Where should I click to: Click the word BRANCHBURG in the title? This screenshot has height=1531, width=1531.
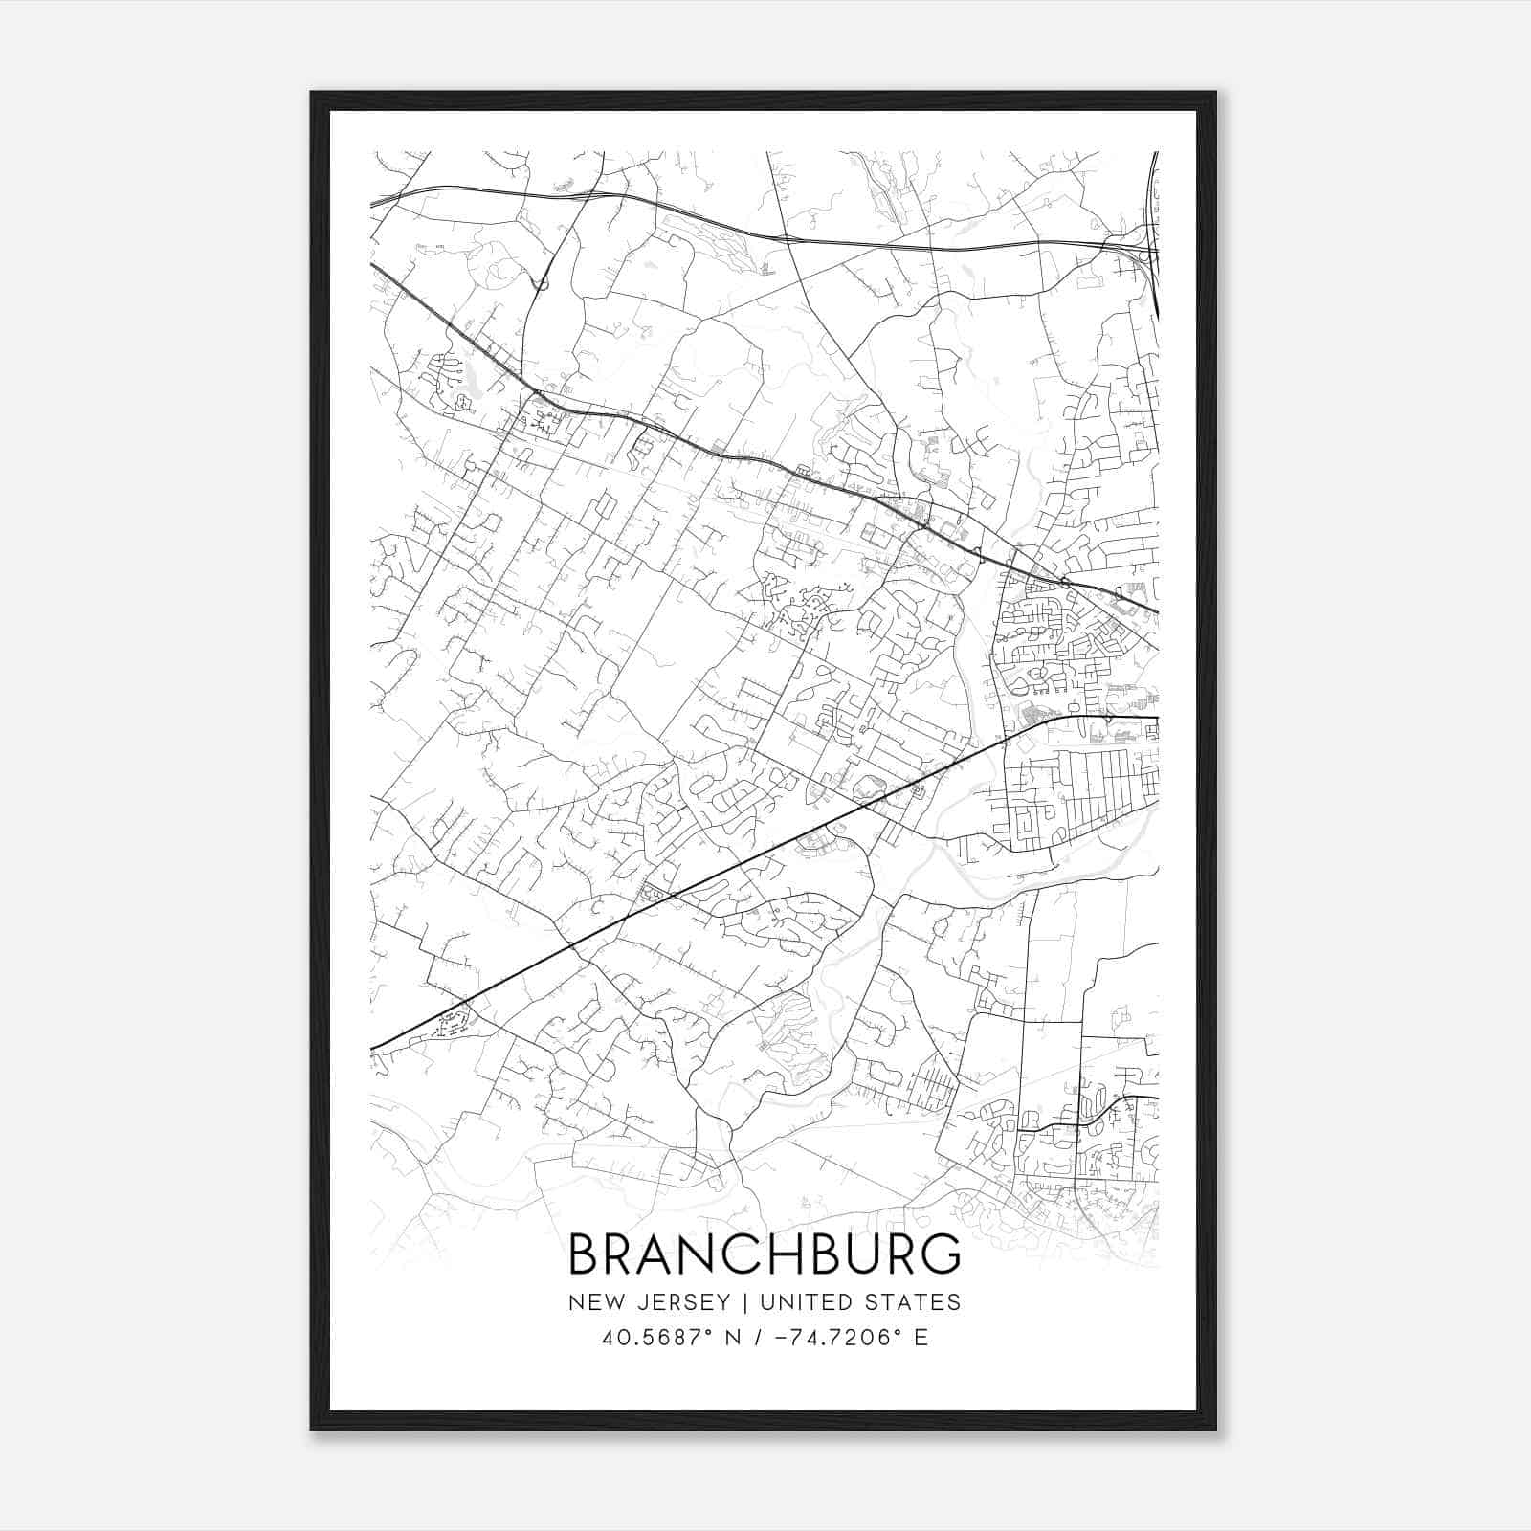click(765, 1254)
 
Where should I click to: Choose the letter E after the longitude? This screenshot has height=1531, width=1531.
click(921, 1338)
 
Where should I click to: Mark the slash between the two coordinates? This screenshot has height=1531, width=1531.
click(758, 1338)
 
